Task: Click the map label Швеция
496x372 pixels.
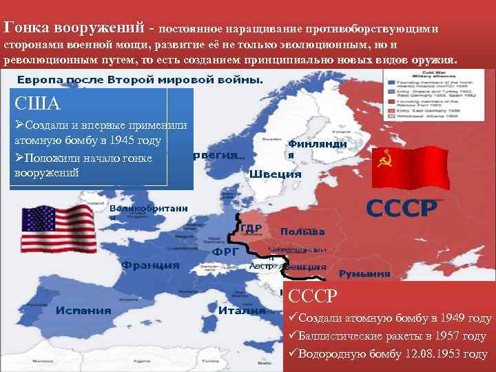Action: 276,174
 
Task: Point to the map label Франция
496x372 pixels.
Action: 150,265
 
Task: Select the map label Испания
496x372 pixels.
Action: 84,309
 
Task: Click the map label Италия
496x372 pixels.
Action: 242,310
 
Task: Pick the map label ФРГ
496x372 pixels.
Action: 225,252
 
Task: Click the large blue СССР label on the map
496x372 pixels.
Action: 400,207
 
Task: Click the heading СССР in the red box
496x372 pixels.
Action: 313,296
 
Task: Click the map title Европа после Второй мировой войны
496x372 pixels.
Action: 140,79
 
